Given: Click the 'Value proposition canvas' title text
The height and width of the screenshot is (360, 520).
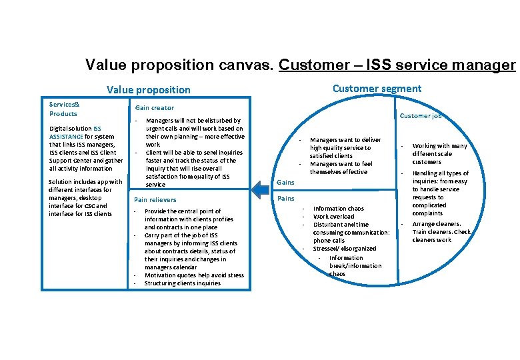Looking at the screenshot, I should coord(180,65).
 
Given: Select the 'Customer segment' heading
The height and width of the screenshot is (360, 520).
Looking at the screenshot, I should coord(377,89).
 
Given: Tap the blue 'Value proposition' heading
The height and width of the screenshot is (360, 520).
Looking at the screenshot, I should coord(149,90).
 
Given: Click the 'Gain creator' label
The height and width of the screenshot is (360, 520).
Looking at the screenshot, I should coord(155,108).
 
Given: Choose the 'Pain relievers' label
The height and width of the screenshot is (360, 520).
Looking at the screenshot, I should coord(155,200).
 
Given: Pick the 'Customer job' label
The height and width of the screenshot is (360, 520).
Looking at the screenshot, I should coord(420,116).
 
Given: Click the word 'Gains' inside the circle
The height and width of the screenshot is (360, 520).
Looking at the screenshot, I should coord(285,182).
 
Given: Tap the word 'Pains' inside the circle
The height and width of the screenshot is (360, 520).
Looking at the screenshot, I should coord(285,199).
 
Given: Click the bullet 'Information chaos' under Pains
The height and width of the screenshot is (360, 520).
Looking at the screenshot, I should coord(339,209).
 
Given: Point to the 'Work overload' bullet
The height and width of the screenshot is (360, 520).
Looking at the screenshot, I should coord(333,217).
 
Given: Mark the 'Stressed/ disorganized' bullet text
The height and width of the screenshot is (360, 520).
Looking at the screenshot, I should coord(345,249).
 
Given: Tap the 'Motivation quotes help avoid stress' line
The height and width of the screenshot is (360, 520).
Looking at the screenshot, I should coord(194,275).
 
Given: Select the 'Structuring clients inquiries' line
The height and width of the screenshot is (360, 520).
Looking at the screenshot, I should coord(182,283).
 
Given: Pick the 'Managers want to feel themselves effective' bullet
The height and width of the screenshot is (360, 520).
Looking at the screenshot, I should coord(341,168).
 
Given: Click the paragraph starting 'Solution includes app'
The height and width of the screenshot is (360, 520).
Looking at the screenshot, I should coord(85,198).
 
